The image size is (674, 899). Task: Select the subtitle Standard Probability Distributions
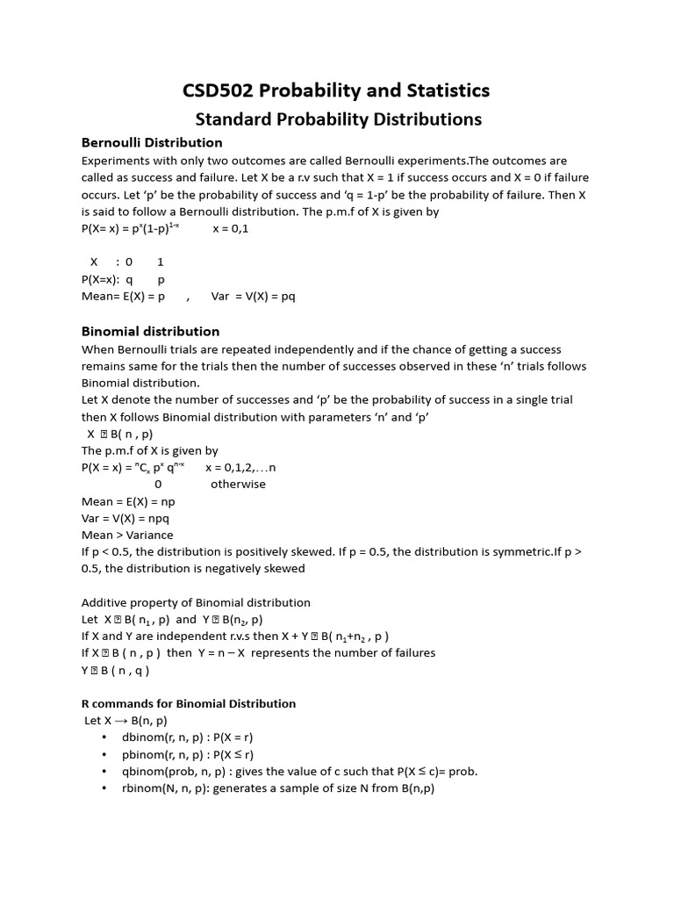click(338, 119)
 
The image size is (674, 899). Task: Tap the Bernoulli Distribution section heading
click(152, 142)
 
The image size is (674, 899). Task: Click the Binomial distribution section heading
click(150, 331)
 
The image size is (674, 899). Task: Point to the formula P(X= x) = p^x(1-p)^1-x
click(130, 228)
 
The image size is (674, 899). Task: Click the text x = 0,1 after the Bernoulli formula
click(231, 228)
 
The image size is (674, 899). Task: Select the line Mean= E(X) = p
click(123, 297)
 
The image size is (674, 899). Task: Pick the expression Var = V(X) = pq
click(253, 297)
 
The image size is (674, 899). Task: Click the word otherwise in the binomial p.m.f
click(238, 484)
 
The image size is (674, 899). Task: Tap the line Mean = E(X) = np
click(128, 501)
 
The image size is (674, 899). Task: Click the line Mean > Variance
click(127, 535)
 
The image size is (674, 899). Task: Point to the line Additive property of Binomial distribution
click(196, 602)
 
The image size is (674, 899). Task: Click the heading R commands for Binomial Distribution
click(189, 703)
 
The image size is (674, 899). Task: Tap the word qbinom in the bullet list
click(142, 771)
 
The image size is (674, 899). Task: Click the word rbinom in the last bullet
click(141, 788)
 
